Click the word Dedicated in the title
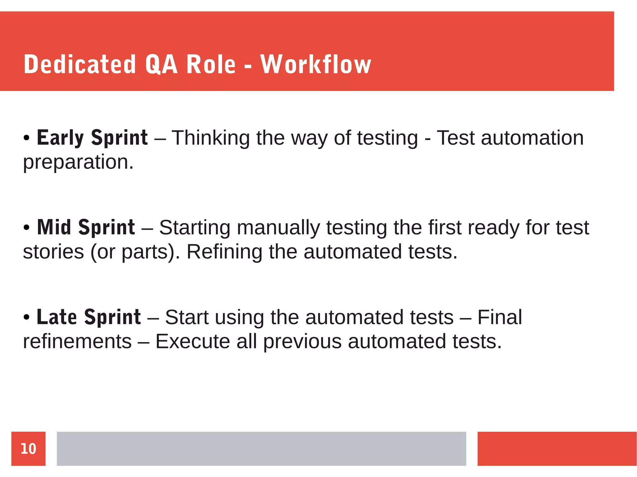[80, 64]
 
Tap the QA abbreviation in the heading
[161, 64]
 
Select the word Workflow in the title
[316, 64]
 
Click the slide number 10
[28, 449]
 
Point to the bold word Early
[60, 138]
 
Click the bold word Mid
[54, 227]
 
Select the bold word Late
[57, 317]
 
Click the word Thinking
[211, 138]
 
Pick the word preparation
[78, 162]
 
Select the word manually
[278, 228]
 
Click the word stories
[53, 251]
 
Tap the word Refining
[224, 251]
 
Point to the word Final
[500, 317]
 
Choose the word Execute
[193, 341]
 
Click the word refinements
[77, 341]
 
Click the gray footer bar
[261, 449]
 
